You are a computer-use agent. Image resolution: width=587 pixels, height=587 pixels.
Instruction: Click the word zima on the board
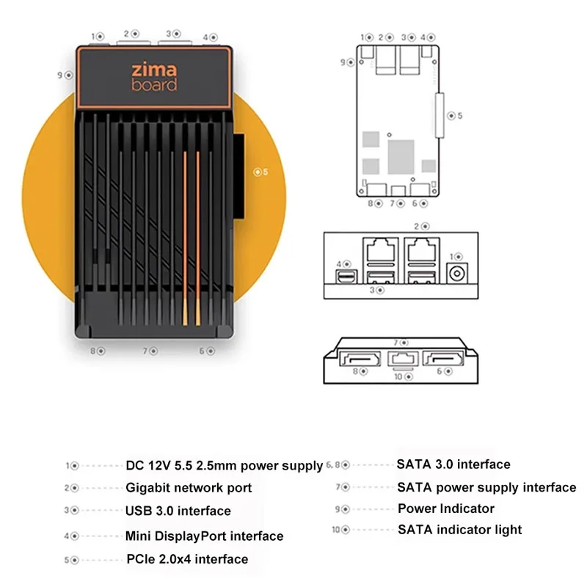(154, 70)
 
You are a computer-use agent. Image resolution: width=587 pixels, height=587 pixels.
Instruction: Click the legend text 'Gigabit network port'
(189, 488)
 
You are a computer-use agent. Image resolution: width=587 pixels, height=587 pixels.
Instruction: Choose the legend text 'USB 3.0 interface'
(178, 511)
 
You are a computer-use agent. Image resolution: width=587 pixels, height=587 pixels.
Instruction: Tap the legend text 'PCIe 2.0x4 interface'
(187, 559)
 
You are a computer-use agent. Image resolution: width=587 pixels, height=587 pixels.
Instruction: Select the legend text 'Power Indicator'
(446, 508)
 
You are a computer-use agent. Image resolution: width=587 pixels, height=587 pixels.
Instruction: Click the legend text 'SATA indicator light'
(460, 530)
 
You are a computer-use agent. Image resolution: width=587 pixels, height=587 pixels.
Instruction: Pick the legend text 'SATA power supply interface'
(486, 487)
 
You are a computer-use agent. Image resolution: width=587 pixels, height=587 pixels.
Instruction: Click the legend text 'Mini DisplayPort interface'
(204, 536)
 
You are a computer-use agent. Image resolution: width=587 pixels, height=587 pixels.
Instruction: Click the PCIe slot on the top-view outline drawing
(440, 115)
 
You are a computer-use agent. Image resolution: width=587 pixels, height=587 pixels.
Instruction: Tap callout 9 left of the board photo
(68, 74)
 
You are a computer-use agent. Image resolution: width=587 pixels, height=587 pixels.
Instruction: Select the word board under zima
(154, 85)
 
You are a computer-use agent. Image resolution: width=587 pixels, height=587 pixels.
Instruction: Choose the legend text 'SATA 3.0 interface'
(453, 464)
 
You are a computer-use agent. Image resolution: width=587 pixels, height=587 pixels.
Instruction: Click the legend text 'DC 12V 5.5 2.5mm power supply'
(224, 465)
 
